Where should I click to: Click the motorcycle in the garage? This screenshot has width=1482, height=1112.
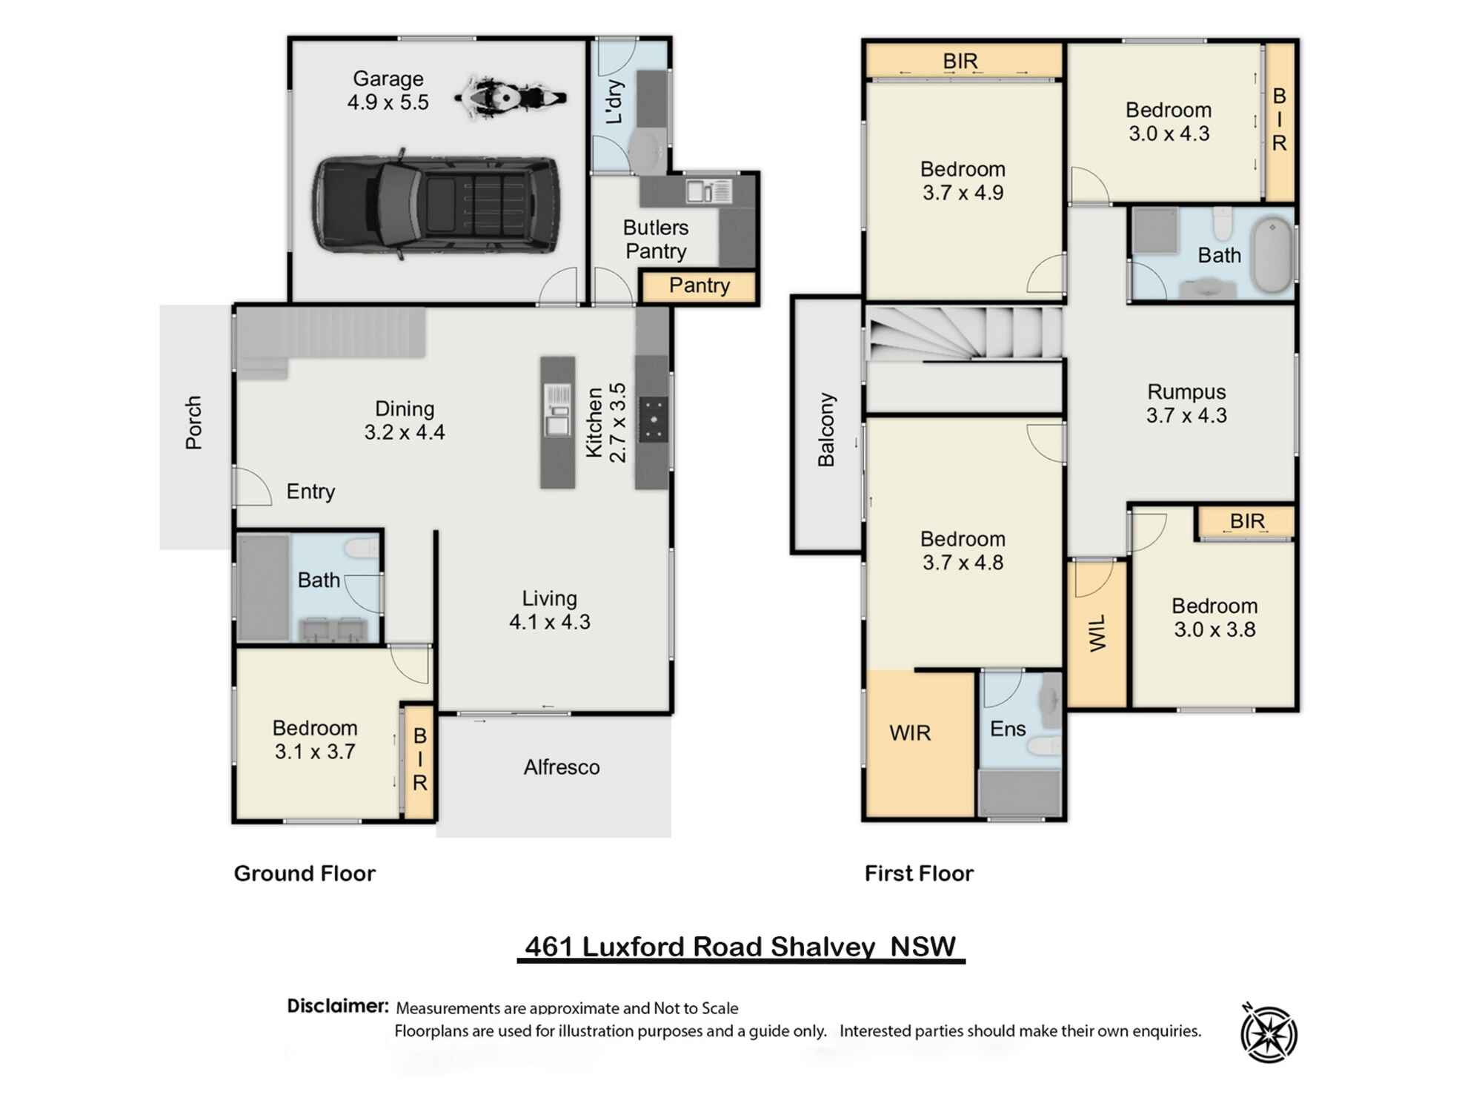click(x=510, y=97)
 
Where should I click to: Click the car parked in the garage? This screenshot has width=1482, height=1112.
click(x=436, y=207)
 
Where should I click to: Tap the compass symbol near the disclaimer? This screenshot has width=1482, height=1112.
click(x=1269, y=1033)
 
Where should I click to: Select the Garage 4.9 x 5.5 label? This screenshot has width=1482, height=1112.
click(x=388, y=90)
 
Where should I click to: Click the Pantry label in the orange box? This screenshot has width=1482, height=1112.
click(x=699, y=285)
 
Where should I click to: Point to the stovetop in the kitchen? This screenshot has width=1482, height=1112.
click(x=653, y=420)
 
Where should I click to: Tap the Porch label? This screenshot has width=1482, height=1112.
click(x=193, y=423)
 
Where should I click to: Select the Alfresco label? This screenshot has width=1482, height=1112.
click(x=562, y=767)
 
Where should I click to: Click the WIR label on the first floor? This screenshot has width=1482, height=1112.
click(x=910, y=733)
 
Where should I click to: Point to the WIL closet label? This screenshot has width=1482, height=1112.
click(x=1097, y=632)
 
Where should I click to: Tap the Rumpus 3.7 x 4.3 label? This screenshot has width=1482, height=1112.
click(x=1186, y=403)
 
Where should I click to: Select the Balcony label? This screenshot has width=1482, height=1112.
click(x=826, y=430)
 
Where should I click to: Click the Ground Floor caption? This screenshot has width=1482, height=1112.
click(x=305, y=873)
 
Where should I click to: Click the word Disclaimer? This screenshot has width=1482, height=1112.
click(x=337, y=1006)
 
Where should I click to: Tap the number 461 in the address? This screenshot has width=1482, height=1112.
click(x=549, y=947)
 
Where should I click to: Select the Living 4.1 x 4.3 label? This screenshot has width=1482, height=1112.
click(x=549, y=609)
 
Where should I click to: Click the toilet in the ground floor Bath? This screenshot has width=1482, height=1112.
click(x=362, y=548)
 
